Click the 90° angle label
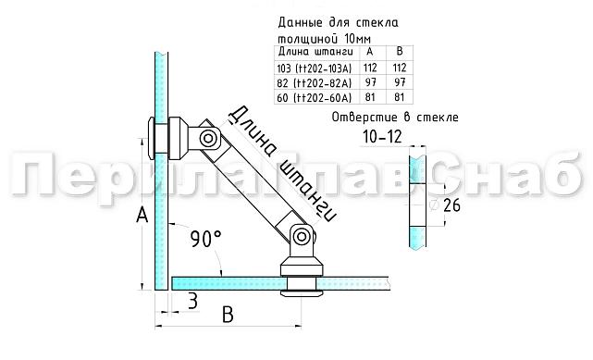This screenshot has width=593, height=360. click(x=205, y=239)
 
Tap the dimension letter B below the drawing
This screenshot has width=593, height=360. click(x=228, y=315)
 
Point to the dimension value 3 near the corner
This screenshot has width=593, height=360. click(x=192, y=300)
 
